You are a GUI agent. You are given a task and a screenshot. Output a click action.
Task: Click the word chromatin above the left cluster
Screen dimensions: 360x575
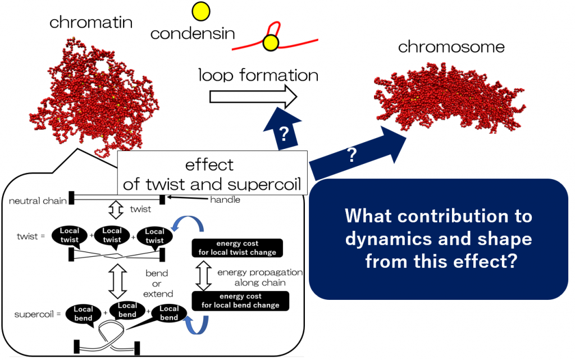coord(91,22)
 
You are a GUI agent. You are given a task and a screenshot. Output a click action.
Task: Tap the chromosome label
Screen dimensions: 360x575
coord(451,47)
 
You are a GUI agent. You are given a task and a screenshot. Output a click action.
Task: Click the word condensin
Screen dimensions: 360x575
coord(193,34)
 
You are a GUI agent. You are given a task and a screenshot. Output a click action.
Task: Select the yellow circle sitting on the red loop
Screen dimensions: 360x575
coord(271,42)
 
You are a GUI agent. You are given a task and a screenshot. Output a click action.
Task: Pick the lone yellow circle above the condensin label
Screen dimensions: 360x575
coord(200,11)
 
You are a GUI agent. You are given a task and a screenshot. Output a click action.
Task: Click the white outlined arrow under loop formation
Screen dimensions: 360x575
coord(253,97)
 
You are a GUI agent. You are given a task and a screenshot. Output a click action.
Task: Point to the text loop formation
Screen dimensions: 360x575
coord(258,75)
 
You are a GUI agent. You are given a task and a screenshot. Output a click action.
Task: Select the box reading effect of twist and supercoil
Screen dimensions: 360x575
coord(213,174)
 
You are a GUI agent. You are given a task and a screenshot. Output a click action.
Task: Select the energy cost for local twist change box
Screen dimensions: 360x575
coord(238,248)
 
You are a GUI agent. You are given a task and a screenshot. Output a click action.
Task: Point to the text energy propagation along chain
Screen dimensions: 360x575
coord(259,277)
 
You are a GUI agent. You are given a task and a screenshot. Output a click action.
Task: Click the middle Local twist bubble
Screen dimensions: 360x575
coord(112,235)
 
